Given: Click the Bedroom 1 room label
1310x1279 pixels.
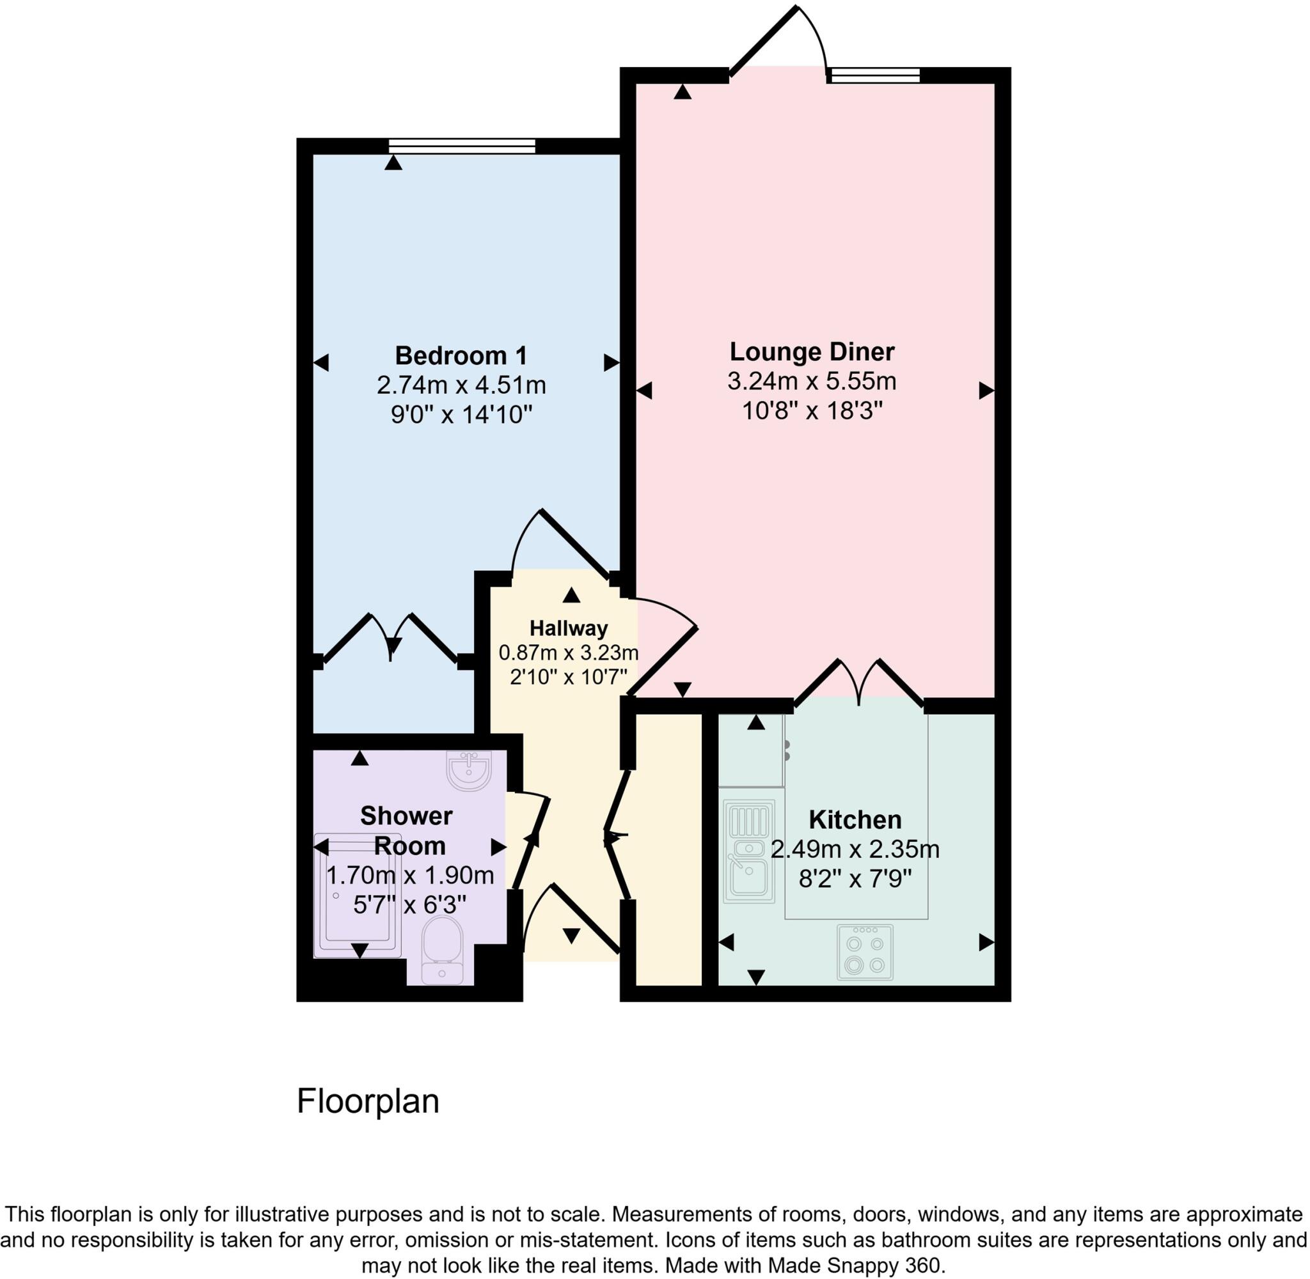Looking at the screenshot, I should pos(461,355).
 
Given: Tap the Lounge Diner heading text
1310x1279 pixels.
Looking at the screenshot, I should pos(812,352).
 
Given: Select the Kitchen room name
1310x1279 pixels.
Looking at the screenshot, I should pos(855,819).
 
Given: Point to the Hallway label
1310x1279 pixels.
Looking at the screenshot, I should pos(569,628).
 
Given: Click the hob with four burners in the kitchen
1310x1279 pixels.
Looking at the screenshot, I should pos(865,952).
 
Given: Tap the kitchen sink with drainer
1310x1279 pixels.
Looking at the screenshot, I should pos(748,850).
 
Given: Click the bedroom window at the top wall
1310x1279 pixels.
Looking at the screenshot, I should pos(462,145).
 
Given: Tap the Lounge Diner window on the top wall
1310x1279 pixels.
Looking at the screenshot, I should pos(874,75).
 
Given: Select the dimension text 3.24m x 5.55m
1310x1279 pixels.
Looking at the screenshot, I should pos(812,381).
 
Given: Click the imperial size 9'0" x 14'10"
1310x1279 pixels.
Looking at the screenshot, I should pos(461,414).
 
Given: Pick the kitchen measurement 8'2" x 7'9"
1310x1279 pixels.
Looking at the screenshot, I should pos(855,879).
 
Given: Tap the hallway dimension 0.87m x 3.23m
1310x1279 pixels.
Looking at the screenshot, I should pos(569,652).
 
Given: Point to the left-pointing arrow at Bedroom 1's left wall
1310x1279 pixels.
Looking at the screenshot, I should pos(321,364).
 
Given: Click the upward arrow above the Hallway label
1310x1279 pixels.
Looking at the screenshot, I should pos(571,594).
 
